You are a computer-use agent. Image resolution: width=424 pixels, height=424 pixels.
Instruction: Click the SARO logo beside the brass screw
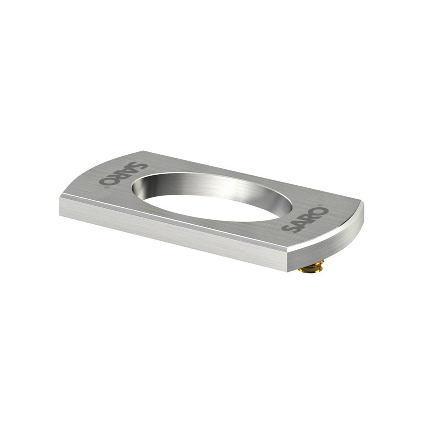(305, 220)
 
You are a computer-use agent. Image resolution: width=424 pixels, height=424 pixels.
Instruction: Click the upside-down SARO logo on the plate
(123, 173)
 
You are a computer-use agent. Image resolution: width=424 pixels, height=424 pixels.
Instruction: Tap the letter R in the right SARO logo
(310, 218)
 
